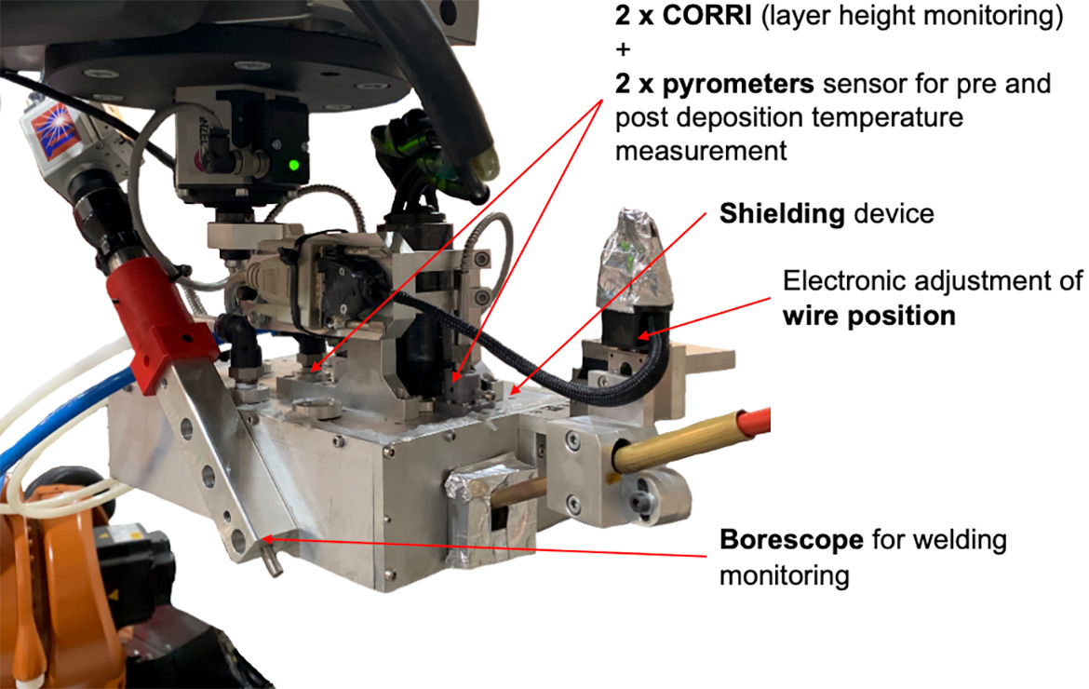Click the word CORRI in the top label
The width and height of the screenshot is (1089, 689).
(707, 15)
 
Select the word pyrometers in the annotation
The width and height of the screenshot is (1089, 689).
(737, 85)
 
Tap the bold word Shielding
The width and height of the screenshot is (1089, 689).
(782, 214)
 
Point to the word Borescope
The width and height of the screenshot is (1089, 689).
(791, 540)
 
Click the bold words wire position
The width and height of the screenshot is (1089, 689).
(868, 316)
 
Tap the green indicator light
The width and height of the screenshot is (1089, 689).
(294, 166)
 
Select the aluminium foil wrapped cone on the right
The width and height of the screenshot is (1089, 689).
(635, 259)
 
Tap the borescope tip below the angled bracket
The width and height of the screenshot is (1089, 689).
(272, 560)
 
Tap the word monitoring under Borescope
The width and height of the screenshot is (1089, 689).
(784, 575)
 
